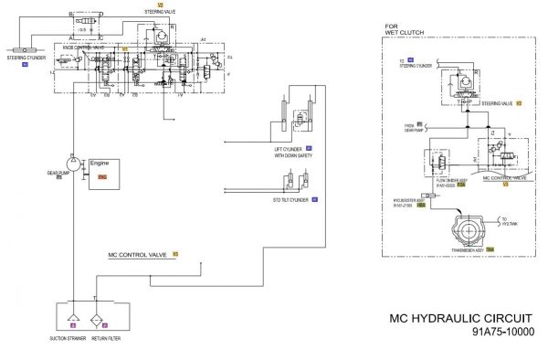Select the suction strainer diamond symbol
[72, 312]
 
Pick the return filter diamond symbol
[105, 312]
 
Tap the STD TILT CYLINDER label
[286, 198]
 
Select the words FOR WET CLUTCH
[399, 30]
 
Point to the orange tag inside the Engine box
[102, 175]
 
